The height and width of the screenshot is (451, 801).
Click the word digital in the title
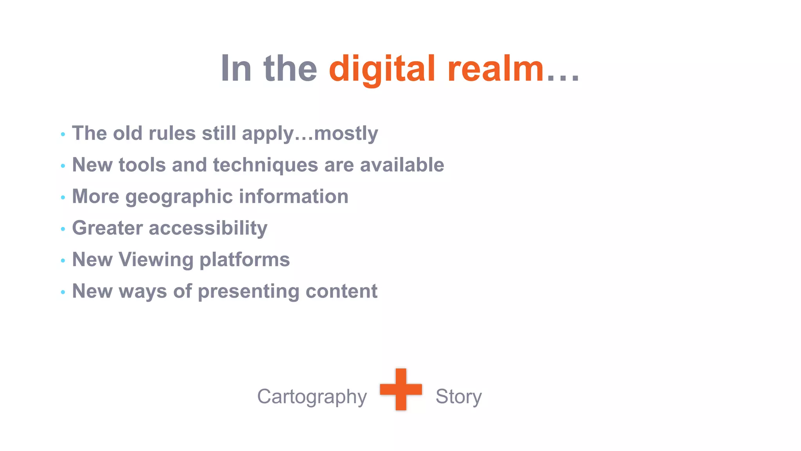click(382, 69)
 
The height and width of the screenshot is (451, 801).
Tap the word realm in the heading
click(495, 69)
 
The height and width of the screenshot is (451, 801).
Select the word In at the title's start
click(236, 69)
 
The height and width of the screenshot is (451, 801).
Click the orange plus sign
click(401, 389)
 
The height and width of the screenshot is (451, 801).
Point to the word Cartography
click(312, 397)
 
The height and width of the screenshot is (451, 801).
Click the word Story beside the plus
click(458, 397)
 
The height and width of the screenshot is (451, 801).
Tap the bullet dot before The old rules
click(63, 135)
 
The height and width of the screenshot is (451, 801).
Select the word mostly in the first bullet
click(346, 134)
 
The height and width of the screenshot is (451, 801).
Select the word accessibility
click(208, 229)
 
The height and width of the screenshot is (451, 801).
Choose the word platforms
click(244, 260)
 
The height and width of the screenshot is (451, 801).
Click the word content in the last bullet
click(341, 291)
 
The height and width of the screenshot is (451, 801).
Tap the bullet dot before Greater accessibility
click(63, 229)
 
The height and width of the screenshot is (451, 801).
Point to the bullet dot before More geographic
click(63, 198)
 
